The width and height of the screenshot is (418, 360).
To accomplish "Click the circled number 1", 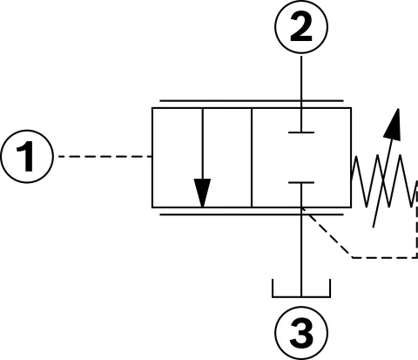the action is pos(27,156).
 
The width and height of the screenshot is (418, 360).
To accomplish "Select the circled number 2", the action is pos(301,27).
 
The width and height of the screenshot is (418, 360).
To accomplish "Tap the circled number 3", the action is pos(301,333).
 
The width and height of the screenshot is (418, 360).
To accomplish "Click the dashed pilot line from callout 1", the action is pos(105,157).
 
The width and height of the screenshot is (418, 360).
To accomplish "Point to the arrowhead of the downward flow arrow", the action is pos(202,193).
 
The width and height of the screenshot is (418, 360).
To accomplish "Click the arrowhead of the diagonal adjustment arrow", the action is pos(394,125).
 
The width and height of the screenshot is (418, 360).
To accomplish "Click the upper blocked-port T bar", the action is pos(301,132).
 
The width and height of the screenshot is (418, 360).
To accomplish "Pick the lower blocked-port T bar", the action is pos(301,183).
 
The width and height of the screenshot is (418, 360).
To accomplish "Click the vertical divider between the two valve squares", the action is pos(252,158).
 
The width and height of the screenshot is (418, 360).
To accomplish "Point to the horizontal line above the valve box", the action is pos(252,101).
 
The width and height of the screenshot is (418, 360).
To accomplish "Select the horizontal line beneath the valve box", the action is pos(252,214).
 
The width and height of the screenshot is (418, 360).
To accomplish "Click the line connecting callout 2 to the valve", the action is pos(301,93).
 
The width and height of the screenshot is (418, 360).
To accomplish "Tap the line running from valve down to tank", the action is pos(301,240).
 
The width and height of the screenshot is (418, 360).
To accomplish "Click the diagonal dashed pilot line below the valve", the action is pos(327,233).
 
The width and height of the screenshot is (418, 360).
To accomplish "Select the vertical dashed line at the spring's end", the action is pos(417,219).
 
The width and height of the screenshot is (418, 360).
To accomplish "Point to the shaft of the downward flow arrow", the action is pos(203,144).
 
